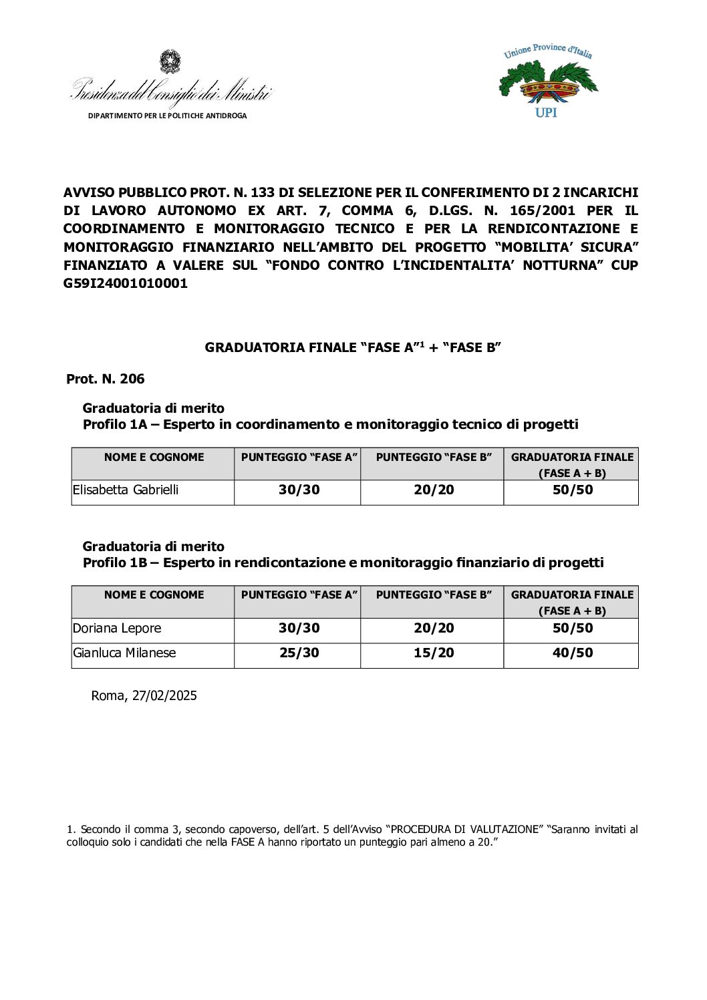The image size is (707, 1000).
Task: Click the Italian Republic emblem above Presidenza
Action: tap(170, 61)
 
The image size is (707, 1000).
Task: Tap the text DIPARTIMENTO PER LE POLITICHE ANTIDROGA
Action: tap(167, 116)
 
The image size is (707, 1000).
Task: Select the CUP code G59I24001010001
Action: tap(126, 283)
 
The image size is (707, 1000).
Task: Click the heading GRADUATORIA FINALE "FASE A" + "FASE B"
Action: tap(353, 347)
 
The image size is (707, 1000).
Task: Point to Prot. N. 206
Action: tap(106, 379)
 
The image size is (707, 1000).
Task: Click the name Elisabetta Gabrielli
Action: tap(126, 490)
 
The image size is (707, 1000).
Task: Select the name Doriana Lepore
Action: tap(117, 629)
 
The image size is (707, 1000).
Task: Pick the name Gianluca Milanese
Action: tap(124, 653)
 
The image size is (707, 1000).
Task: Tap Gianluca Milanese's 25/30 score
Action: tap(299, 653)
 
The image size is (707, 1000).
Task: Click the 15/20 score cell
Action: tap(434, 653)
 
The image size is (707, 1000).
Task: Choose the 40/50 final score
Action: tap(573, 653)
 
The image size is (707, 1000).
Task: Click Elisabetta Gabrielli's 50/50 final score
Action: tap(573, 490)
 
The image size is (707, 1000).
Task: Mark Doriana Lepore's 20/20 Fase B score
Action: tap(434, 629)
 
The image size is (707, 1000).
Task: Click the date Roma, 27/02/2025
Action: tap(144, 695)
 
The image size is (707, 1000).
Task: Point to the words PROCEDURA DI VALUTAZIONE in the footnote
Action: tap(464, 830)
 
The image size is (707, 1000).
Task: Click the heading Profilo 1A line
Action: tap(330, 424)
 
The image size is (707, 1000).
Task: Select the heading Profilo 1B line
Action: tap(343, 562)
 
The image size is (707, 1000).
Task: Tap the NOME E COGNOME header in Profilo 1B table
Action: tap(154, 595)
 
